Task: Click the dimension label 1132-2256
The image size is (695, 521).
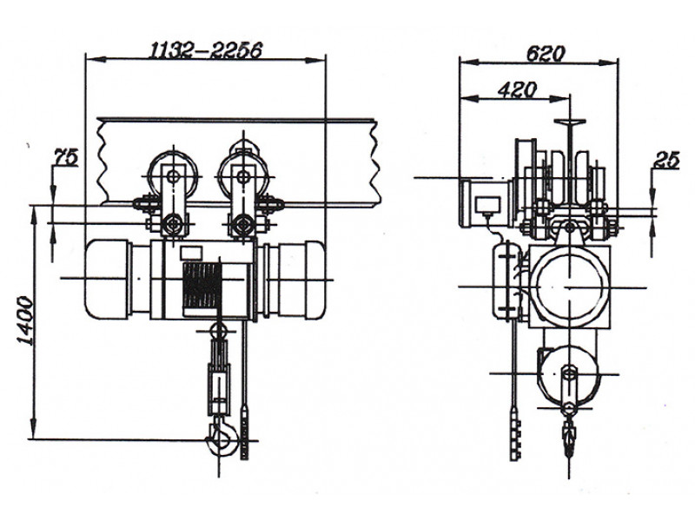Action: coord(206,50)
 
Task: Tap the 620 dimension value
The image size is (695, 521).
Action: coord(546,54)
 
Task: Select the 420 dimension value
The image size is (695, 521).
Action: coord(517,90)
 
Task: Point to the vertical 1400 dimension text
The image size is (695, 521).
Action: coord(25,320)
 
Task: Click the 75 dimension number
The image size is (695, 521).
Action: coord(66,157)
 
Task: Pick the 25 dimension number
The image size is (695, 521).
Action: coord(666,160)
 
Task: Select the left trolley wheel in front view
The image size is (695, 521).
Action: coord(173,176)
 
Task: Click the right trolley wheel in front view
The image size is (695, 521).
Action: coord(242,176)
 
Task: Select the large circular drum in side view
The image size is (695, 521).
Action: coord(569,287)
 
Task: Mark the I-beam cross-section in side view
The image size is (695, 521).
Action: coord(570,164)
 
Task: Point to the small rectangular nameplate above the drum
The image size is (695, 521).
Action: coord(191,253)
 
